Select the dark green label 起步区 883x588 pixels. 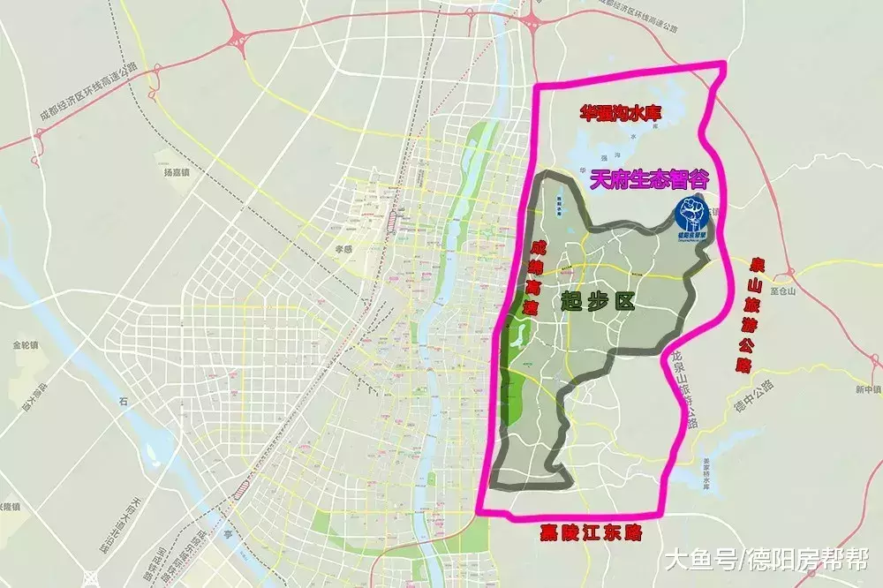coord(599,302)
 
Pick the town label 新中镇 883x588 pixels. coord(866,388)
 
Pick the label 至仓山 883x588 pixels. coord(783,290)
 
